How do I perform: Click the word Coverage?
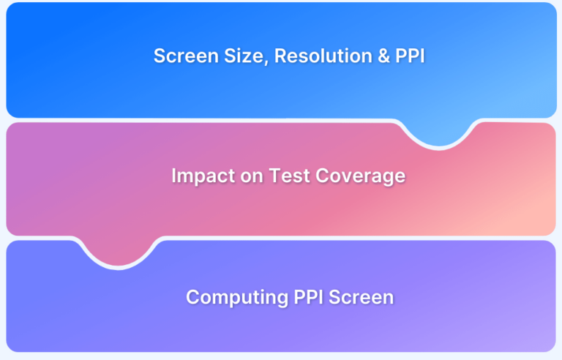point(360,176)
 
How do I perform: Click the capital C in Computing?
point(192,297)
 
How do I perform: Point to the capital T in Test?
point(272,176)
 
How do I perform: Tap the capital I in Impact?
point(174,176)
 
